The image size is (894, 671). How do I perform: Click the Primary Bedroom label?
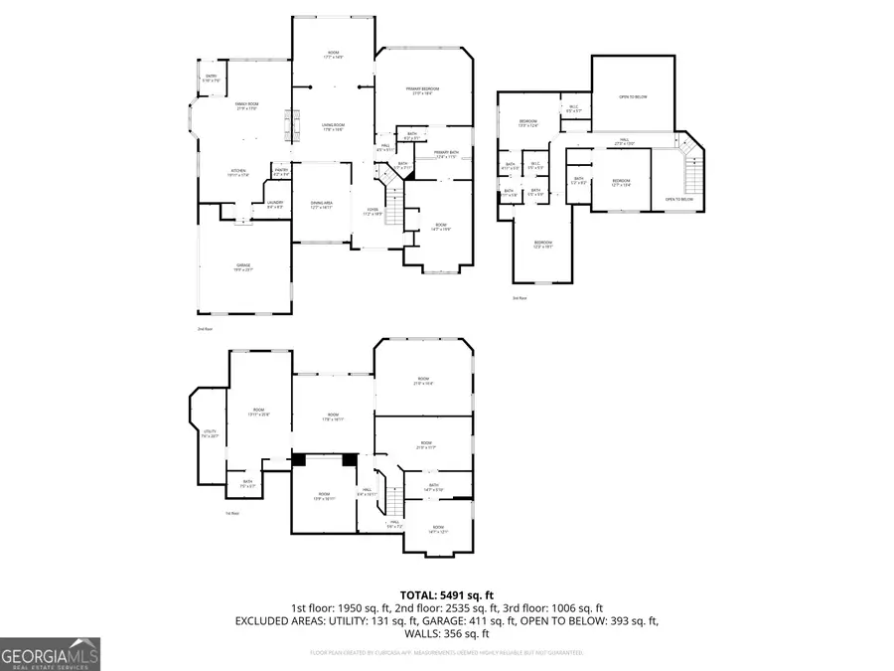[x=423, y=90]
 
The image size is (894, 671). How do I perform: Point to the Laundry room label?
[x=275, y=204]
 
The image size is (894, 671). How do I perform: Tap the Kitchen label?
[x=238, y=173]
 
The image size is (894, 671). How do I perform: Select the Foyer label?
[x=372, y=212]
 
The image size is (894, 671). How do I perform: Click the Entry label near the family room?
[x=211, y=78]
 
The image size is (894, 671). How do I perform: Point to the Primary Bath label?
[x=445, y=154]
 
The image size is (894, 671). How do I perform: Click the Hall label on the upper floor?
[x=625, y=142]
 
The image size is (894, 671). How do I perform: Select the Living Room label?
[x=333, y=127]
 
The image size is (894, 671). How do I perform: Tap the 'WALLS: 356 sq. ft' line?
[x=446, y=633]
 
